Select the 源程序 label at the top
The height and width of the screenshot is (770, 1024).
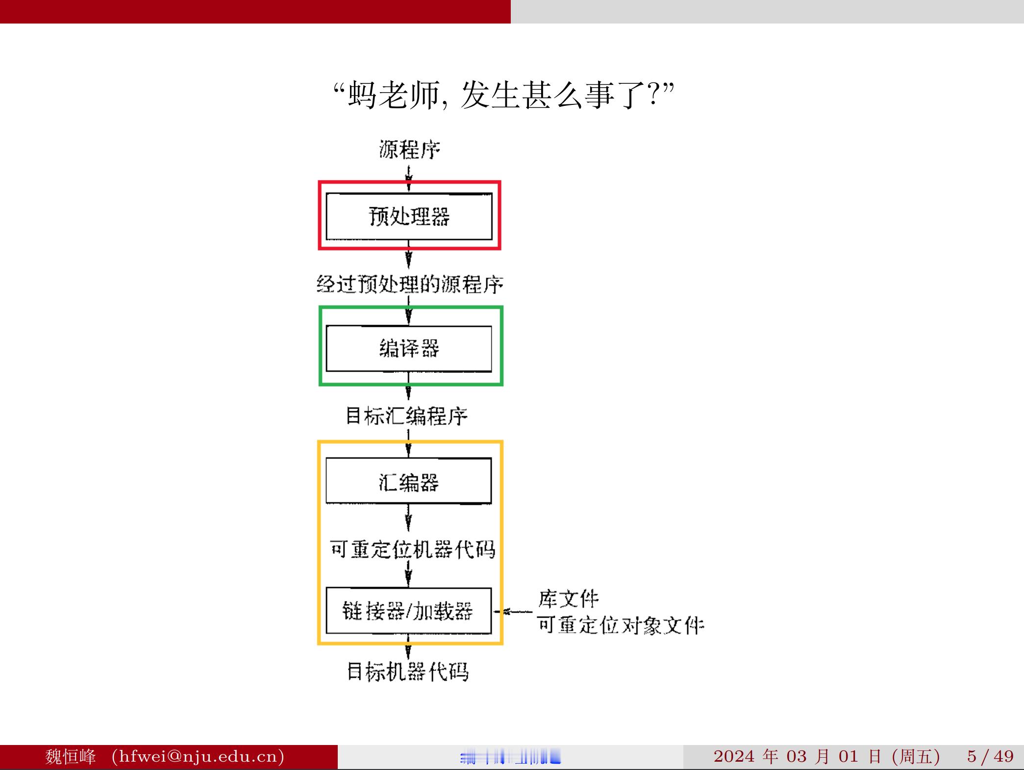409,149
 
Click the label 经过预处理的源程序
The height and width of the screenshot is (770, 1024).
410,284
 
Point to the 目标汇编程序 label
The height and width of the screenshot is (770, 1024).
407,416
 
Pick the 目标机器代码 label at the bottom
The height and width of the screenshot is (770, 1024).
408,671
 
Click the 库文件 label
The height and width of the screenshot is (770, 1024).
569,598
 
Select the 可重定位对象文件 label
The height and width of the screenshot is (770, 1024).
621,625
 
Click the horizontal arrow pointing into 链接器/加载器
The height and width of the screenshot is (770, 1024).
513,612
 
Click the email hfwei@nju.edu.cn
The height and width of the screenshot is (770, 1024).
198,756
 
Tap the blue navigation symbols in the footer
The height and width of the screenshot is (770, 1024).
510,758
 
